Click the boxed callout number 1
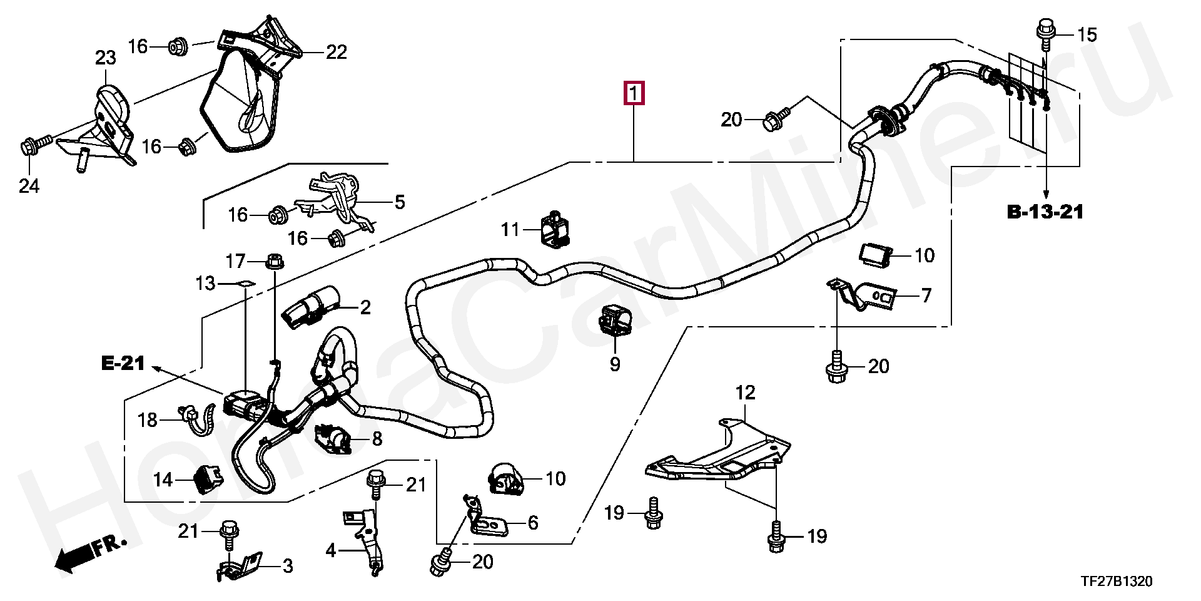[x=634, y=93]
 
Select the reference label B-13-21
[x=1045, y=212]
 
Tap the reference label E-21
[x=123, y=363]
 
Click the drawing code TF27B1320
[x=1117, y=582]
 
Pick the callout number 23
[x=105, y=58]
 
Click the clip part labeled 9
[x=614, y=321]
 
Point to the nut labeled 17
[x=274, y=260]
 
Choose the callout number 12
[x=745, y=393]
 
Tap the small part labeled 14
[x=207, y=480]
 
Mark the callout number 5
[x=400, y=202]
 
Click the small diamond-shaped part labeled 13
[x=246, y=283]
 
